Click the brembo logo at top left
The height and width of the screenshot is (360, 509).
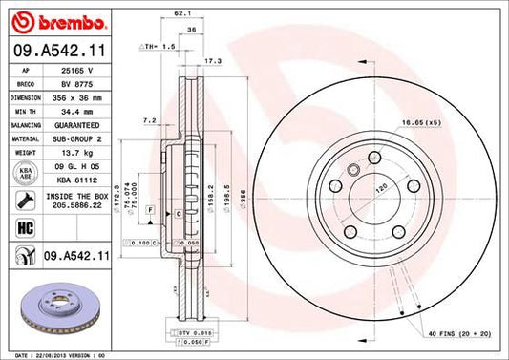(46, 20)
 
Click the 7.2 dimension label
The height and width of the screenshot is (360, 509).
(149, 121)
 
